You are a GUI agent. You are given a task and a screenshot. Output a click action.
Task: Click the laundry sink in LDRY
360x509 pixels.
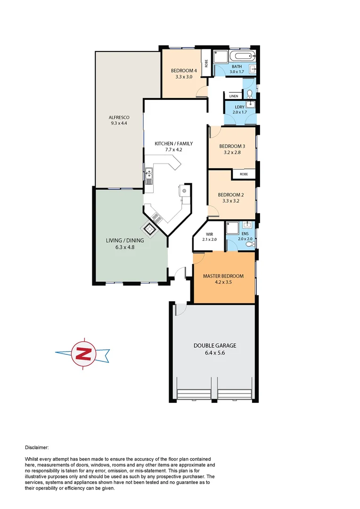pyautogui.click(x=250, y=105)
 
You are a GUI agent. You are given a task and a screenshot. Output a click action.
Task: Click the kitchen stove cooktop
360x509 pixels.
pyautogui.click(x=156, y=217)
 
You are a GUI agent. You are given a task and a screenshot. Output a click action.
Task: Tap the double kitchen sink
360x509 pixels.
pyautogui.click(x=148, y=175)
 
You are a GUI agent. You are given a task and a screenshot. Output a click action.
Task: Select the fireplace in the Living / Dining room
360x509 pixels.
pyautogui.click(x=151, y=230)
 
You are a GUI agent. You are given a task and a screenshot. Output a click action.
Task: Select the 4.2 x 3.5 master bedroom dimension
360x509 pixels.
pyautogui.click(x=223, y=283)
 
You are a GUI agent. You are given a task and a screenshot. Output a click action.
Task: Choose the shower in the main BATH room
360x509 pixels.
pyautogui.click(x=219, y=57)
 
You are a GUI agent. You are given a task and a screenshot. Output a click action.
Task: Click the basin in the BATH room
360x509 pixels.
pyautogui.click(x=253, y=70)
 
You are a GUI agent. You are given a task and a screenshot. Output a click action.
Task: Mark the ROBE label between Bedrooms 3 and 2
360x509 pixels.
pyautogui.click(x=244, y=174)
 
